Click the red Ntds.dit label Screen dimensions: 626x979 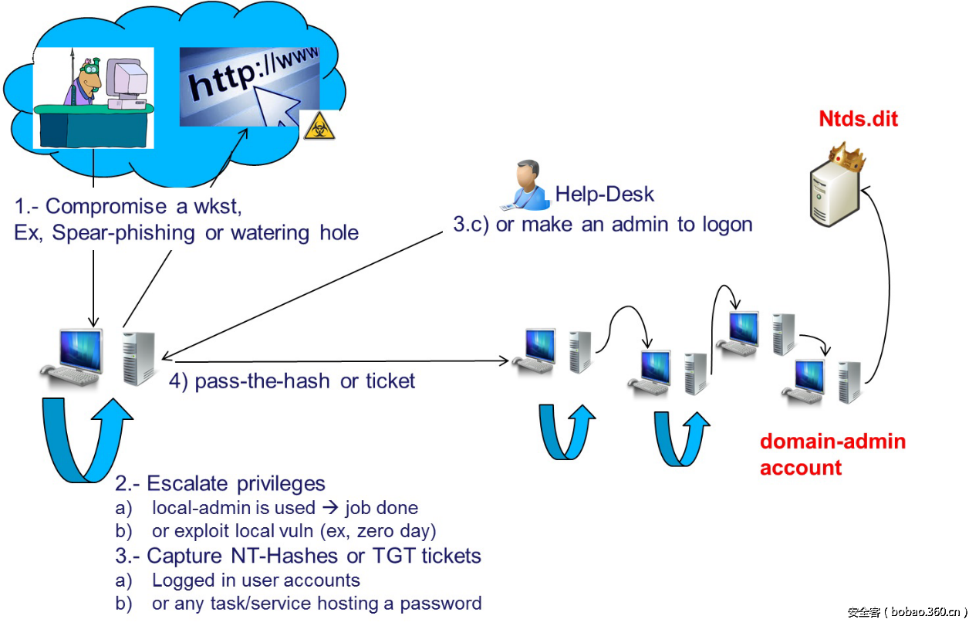tap(858, 119)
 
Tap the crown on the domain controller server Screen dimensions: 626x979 tap(846, 157)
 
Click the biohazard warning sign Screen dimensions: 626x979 tap(319, 125)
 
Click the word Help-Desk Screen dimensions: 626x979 tap(604, 194)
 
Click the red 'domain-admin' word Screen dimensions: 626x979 tap(832, 442)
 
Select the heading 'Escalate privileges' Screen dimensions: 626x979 tap(236, 484)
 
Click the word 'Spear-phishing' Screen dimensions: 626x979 tap(123, 232)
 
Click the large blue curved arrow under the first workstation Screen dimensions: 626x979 tap(85, 436)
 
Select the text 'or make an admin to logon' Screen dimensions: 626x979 tap(624, 224)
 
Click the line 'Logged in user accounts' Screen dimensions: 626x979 tap(255, 580)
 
